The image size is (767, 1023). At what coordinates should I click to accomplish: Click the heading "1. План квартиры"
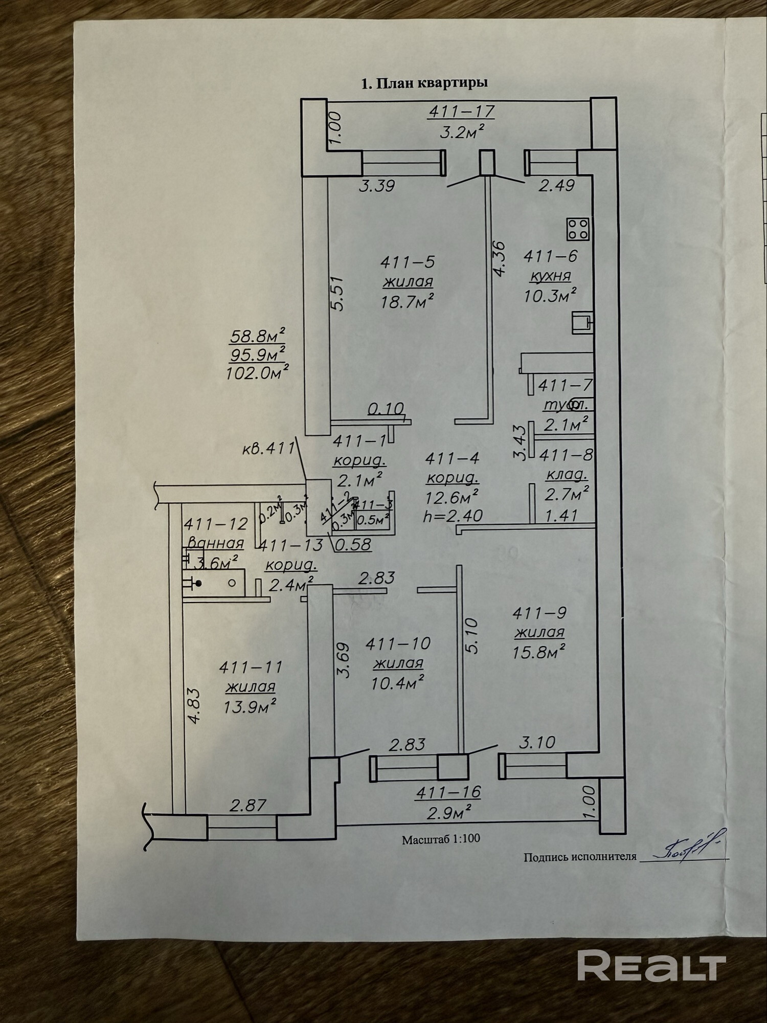(424, 83)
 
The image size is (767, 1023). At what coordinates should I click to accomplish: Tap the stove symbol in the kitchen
(578, 229)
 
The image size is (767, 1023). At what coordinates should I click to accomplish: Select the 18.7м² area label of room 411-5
(407, 301)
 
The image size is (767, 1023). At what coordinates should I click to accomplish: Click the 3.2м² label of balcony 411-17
(461, 132)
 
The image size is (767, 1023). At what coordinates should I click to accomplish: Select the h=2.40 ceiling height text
(453, 516)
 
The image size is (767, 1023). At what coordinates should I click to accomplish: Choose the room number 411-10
(398, 643)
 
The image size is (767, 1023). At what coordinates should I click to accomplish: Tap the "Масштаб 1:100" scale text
(441, 839)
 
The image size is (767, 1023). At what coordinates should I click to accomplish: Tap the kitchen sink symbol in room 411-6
(582, 322)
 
